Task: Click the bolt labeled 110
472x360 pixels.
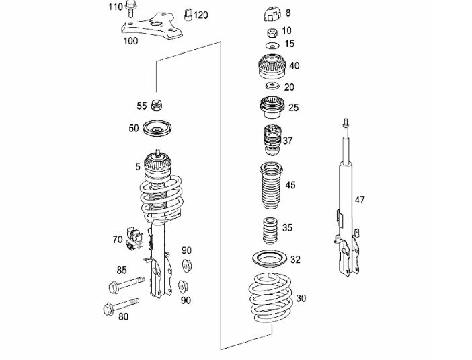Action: click(x=130, y=9)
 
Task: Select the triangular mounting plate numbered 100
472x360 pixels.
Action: click(x=152, y=26)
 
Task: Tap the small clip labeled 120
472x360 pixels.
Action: click(x=188, y=15)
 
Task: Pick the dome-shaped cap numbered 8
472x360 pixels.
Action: click(x=272, y=15)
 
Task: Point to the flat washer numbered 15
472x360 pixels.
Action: click(x=272, y=46)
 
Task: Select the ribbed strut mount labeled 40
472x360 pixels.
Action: click(x=272, y=67)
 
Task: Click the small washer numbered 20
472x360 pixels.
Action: click(x=272, y=86)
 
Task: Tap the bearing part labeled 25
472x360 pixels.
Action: click(x=272, y=107)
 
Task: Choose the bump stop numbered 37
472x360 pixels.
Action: click(x=272, y=141)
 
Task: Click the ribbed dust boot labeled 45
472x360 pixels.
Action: click(x=272, y=186)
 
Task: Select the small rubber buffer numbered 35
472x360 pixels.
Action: click(x=270, y=231)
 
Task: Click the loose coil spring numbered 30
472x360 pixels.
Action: click(x=270, y=297)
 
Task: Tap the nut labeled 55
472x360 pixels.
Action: click(x=157, y=105)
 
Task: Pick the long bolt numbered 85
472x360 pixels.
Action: click(x=126, y=283)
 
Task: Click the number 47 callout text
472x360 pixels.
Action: click(x=360, y=200)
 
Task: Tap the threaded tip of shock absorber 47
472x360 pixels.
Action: click(x=346, y=121)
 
